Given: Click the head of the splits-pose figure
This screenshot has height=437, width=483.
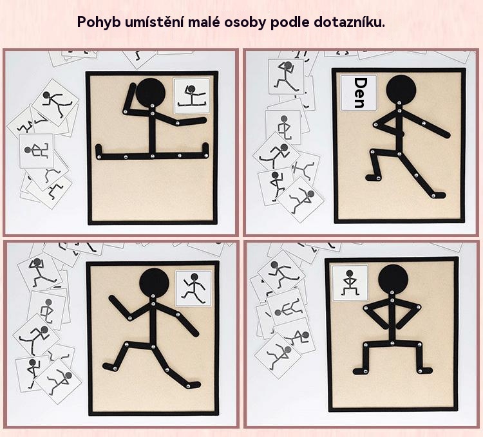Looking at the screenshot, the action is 151,92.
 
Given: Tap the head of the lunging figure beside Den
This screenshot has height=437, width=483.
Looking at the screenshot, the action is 401,89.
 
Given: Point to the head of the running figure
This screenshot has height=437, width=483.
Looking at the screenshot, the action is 154,282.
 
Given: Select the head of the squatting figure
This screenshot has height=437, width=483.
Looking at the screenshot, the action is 393,279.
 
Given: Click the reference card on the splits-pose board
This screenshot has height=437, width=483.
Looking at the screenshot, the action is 192,96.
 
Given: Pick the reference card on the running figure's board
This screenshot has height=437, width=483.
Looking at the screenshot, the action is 193,288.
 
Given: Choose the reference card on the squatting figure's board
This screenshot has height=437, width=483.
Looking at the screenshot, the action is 350,283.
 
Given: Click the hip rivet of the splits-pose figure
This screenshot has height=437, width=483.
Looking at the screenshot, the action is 152,156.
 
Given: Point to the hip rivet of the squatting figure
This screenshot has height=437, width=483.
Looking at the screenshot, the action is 392,343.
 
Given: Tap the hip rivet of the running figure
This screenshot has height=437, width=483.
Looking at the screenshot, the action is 153,347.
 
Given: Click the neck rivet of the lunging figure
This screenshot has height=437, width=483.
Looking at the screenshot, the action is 399,103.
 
